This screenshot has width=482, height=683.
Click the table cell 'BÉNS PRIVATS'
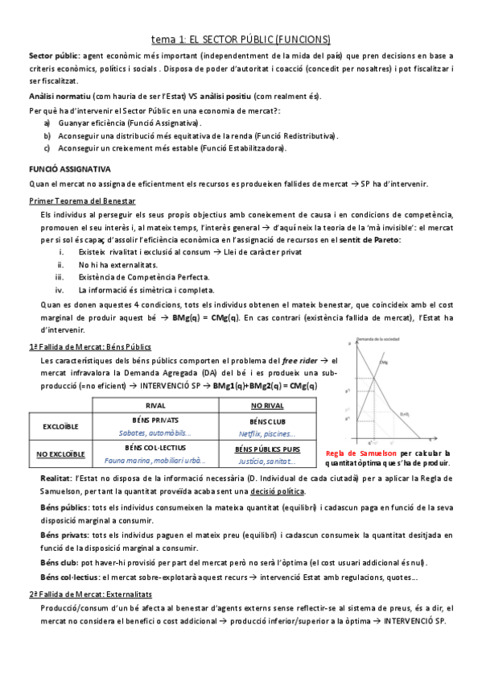click(x=154, y=420)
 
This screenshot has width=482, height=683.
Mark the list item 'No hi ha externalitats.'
click(x=117, y=264)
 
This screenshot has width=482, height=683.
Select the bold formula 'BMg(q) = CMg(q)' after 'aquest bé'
click(x=204, y=318)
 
